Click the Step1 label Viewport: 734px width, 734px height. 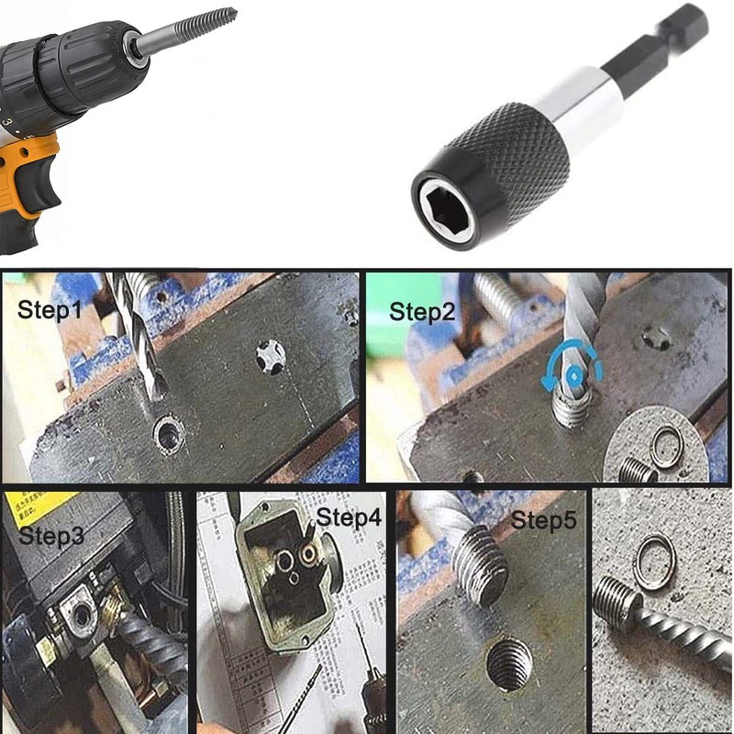point(50,311)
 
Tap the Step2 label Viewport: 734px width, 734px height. point(421,311)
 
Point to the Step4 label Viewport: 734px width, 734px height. point(348,517)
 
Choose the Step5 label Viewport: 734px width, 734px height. point(544,520)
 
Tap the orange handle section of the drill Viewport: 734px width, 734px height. point(28,183)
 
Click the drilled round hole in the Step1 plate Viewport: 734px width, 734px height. point(168,435)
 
